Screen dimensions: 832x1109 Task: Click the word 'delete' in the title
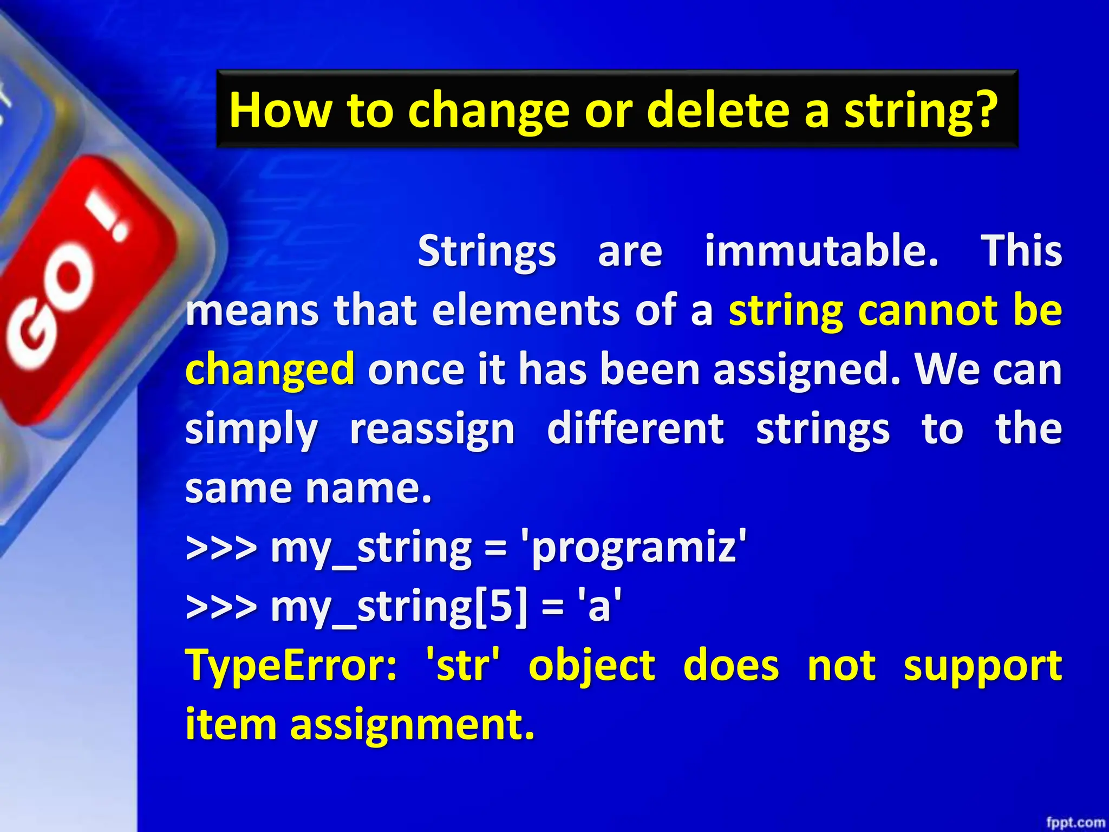[x=718, y=110]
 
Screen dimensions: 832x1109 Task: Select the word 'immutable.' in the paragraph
[x=821, y=251]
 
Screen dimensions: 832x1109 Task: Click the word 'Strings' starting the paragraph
[x=486, y=252]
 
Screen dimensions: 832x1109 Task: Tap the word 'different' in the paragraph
[x=635, y=428]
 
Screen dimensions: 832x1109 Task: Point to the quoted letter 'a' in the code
[x=599, y=607]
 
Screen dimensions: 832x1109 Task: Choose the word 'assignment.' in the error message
[x=412, y=726]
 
